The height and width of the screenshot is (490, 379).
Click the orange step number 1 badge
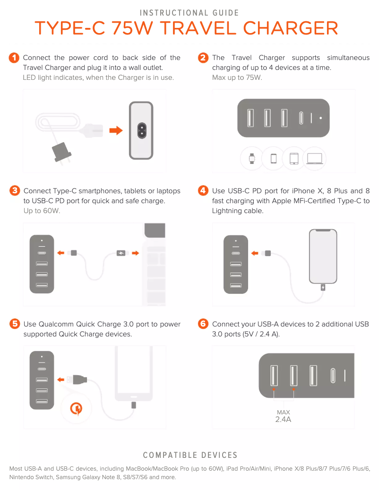[14, 58]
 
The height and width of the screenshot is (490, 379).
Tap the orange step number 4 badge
[203, 191]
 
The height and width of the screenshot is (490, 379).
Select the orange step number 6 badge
[203, 324]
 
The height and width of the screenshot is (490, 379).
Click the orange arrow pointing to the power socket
[115, 130]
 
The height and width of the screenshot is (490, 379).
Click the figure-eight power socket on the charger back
[141, 130]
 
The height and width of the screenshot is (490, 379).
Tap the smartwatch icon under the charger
[252, 159]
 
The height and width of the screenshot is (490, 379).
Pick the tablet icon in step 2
[293, 159]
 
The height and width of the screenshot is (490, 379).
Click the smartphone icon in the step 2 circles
[273, 159]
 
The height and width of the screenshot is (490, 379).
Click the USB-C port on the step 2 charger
[301, 118]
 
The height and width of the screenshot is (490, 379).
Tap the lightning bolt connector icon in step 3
[121, 253]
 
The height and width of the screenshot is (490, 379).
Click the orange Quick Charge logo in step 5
[77, 407]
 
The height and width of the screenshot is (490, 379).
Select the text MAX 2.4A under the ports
[283, 416]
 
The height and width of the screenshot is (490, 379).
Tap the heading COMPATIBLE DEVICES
[190, 456]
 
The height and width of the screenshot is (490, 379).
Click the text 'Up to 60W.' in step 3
[42, 211]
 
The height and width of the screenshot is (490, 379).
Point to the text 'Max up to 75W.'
[237, 77]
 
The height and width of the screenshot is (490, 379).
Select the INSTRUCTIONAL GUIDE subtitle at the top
[189, 13]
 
